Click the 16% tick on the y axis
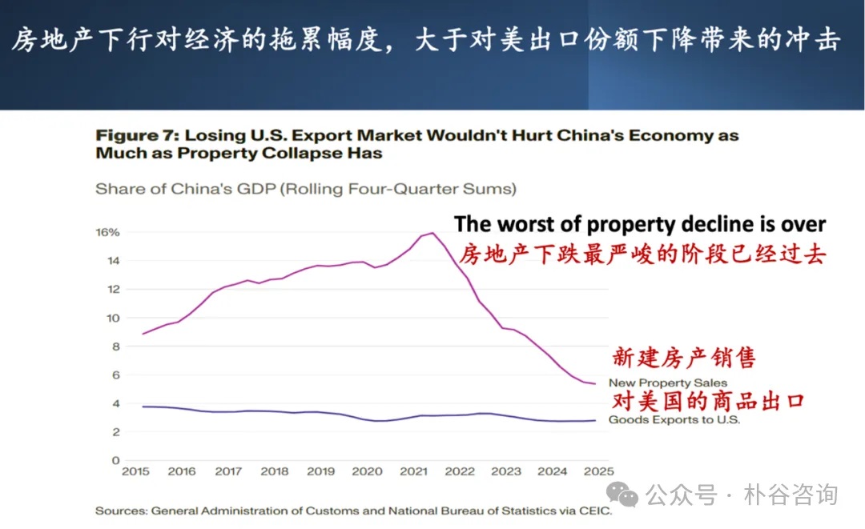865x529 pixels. tap(109, 232)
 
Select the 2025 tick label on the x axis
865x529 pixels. tap(598, 471)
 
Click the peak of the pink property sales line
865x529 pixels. tap(432, 233)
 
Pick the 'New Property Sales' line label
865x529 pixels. tap(668, 383)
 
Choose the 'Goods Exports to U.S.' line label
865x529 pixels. tap(674, 419)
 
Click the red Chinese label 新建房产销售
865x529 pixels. tap(684, 357)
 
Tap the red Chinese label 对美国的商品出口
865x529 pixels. tap(708, 401)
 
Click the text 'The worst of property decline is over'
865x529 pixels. tap(640, 224)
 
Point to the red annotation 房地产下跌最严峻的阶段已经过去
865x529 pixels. tap(642, 254)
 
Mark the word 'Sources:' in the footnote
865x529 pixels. tap(120, 510)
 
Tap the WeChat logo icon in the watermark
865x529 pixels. tap(622, 493)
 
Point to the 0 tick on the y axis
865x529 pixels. tap(115, 460)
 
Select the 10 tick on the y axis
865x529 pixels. tap(113, 318)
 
